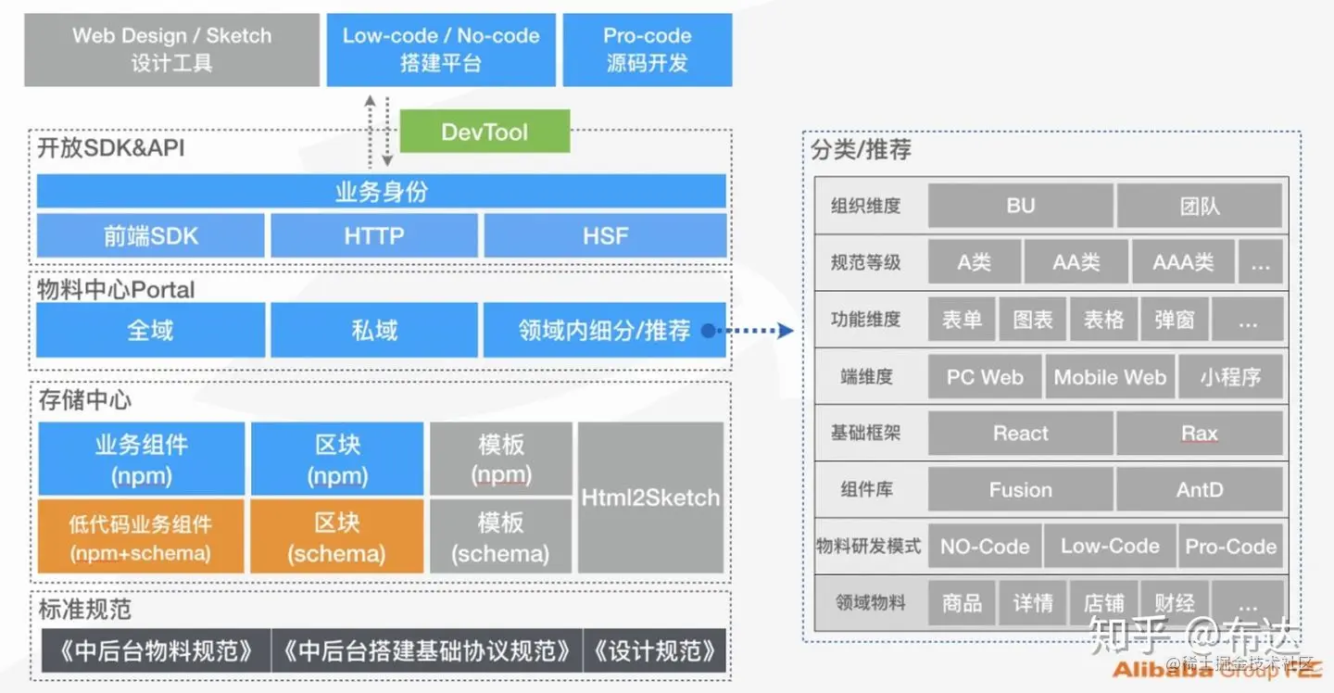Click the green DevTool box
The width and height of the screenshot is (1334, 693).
tap(485, 132)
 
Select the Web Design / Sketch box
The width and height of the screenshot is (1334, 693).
tap(171, 50)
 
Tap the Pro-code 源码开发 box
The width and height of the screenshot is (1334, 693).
tap(648, 50)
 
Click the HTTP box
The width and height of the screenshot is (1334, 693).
tap(374, 236)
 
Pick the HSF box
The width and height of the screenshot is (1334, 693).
tap(605, 236)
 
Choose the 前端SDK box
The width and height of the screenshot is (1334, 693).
tap(151, 236)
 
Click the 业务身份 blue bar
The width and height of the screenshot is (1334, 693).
tap(381, 192)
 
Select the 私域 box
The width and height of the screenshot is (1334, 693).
tap(374, 331)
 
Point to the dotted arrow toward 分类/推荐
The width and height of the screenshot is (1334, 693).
tap(755, 330)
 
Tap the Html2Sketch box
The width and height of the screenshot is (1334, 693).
tap(650, 498)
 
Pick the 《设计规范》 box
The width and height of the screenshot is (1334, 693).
tap(655, 651)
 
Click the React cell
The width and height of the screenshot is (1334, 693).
tap(1020, 434)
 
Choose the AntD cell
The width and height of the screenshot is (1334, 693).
tap(1200, 490)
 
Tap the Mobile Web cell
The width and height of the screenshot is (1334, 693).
tap(1110, 377)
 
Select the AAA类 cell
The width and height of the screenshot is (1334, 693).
tap(1183, 262)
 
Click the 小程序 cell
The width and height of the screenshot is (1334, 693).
tap(1230, 377)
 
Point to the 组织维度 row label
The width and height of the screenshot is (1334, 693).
tap(866, 206)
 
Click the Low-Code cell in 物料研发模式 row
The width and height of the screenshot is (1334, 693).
tap(1110, 547)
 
